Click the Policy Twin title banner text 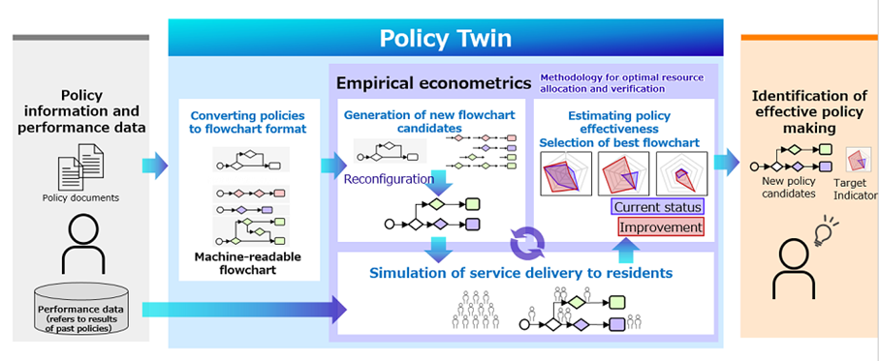click(x=445, y=39)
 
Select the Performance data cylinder click(x=80, y=310)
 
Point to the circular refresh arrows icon click(x=527, y=244)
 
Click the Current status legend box click(x=657, y=207)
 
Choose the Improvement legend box click(x=660, y=226)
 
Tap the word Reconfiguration click(x=389, y=179)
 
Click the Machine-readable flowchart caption click(x=248, y=263)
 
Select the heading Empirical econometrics click(x=433, y=83)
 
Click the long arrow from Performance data click(x=245, y=310)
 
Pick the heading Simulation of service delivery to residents click(x=520, y=273)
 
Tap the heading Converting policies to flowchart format click(x=248, y=123)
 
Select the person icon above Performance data click(x=83, y=245)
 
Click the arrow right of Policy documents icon click(x=155, y=165)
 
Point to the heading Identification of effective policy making click(x=808, y=112)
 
